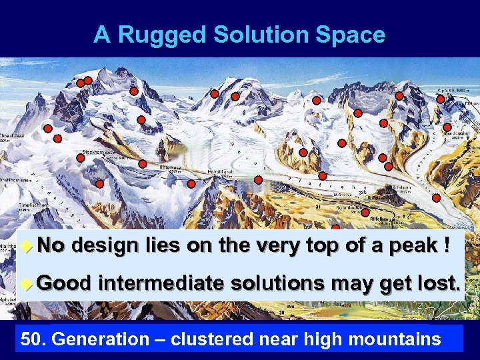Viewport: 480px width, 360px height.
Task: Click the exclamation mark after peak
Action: pyautogui.click(x=443, y=246)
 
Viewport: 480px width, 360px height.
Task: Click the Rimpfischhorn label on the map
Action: pyautogui.click(x=15, y=205)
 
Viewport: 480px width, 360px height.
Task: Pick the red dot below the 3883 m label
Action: pyautogui.click(x=441, y=99)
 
